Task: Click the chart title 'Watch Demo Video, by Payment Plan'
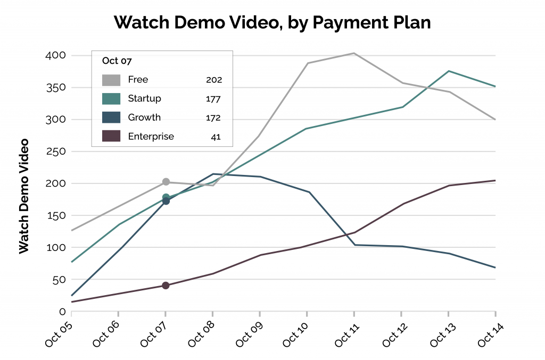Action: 272,22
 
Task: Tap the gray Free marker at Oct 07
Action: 166,182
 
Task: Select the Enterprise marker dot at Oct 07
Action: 166,286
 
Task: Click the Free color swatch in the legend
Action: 111,80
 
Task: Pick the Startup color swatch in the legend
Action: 111,99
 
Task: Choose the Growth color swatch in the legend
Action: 111,118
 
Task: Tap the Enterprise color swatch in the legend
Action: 111,137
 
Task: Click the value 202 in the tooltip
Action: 214,80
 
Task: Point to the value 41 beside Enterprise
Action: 215,137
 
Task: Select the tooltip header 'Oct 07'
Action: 117,61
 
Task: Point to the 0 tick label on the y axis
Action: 62,312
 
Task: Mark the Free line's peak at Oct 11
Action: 354,53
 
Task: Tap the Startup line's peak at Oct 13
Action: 449,71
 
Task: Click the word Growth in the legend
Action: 144,118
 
